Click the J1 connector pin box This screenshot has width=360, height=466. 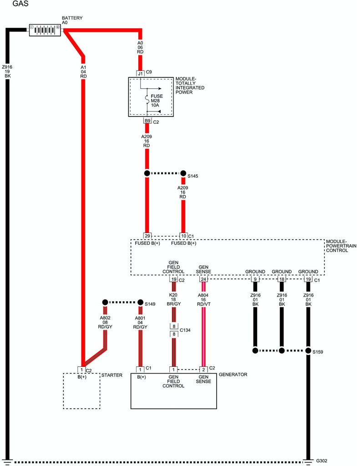click(x=141, y=73)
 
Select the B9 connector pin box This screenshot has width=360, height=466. click(x=147, y=121)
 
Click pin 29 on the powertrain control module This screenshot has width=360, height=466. click(x=147, y=236)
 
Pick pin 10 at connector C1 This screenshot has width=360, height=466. click(x=183, y=236)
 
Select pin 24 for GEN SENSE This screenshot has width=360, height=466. click(x=203, y=279)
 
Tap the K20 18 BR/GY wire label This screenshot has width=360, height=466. click(x=173, y=300)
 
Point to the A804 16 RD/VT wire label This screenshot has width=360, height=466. click(x=203, y=300)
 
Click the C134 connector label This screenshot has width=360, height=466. click(x=185, y=330)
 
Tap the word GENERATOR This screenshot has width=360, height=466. click(x=233, y=375)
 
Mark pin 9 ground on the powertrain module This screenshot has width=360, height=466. click(x=255, y=279)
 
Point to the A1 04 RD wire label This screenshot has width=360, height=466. click(x=83, y=71)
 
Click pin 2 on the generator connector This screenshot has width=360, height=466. click(x=203, y=369)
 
